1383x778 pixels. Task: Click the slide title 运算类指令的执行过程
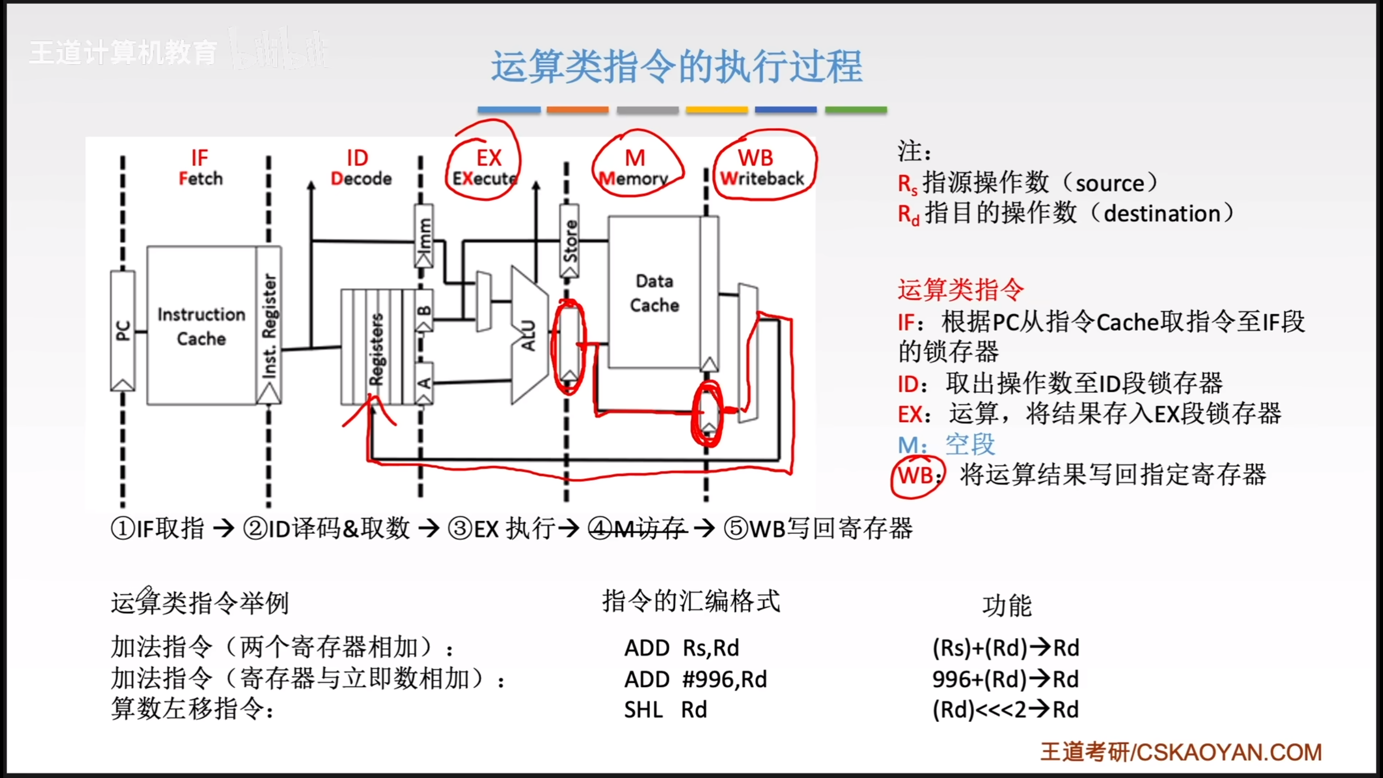click(676, 67)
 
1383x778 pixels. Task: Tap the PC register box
click(123, 331)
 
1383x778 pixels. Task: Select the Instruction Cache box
click(201, 326)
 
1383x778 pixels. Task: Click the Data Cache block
click(654, 293)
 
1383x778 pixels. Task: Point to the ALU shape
click(528, 335)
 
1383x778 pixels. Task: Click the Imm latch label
click(424, 236)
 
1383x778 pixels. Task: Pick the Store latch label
click(569, 241)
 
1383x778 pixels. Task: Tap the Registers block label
click(376, 349)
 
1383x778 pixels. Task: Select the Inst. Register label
click(269, 326)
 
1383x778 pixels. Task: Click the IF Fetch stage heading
click(200, 167)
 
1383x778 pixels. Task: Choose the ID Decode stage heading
click(360, 167)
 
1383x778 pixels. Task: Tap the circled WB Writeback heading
click(762, 167)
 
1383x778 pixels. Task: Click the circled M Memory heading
click(635, 167)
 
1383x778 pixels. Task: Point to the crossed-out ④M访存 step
click(637, 528)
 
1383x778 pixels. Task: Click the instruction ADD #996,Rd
click(695, 679)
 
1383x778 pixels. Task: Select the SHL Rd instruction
click(665, 710)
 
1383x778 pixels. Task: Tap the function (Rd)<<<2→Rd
click(1005, 710)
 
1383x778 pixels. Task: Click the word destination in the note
click(1162, 214)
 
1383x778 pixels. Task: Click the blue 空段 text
click(970, 445)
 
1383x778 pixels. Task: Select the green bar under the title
click(856, 110)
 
